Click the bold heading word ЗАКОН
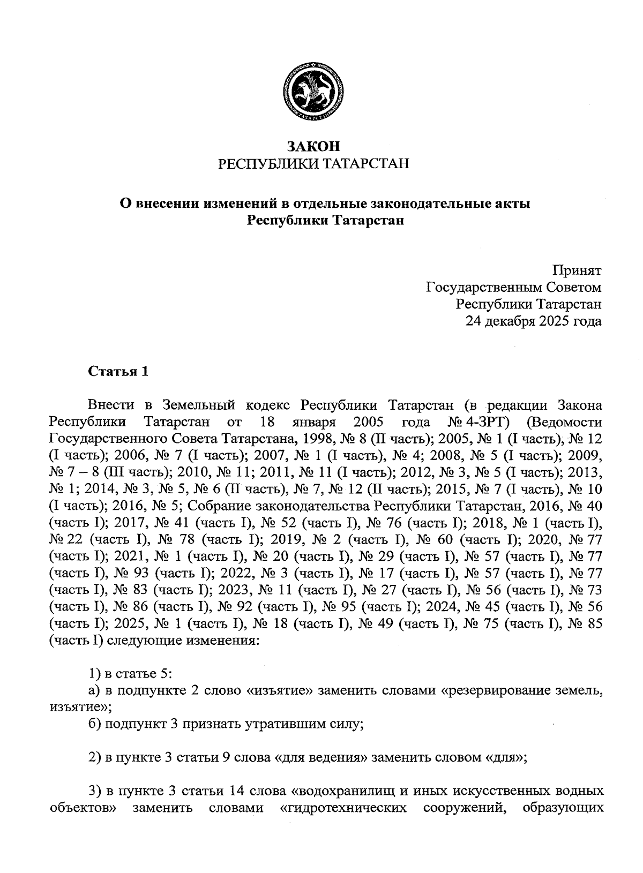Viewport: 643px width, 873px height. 313,146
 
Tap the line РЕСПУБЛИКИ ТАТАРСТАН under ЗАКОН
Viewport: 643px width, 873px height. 313,163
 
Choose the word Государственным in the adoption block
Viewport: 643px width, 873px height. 481,287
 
